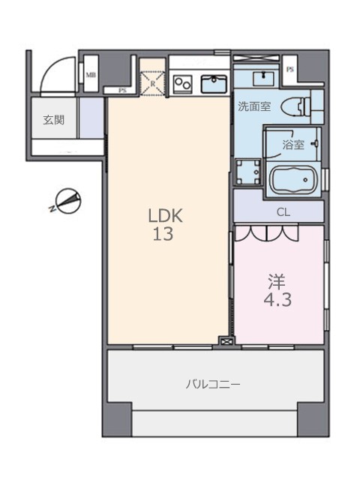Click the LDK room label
click(x=165, y=215)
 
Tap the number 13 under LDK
click(x=163, y=234)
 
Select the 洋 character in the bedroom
click(x=277, y=282)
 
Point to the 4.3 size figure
click(x=277, y=300)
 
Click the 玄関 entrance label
click(x=53, y=120)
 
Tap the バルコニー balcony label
click(x=213, y=384)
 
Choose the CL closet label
click(x=283, y=212)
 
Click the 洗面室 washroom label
click(x=254, y=106)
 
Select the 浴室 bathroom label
click(x=293, y=145)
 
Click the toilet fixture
click(x=296, y=106)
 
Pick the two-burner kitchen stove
click(x=182, y=84)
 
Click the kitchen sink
click(x=214, y=83)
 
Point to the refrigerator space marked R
click(x=153, y=83)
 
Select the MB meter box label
click(x=90, y=74)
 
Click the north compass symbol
click(x=67, y=202)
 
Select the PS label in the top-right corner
click(x=289, y=70)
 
